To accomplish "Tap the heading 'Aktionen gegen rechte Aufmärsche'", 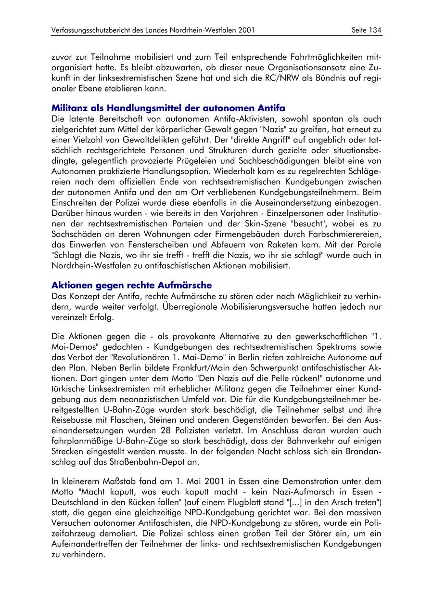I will (131, 285).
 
